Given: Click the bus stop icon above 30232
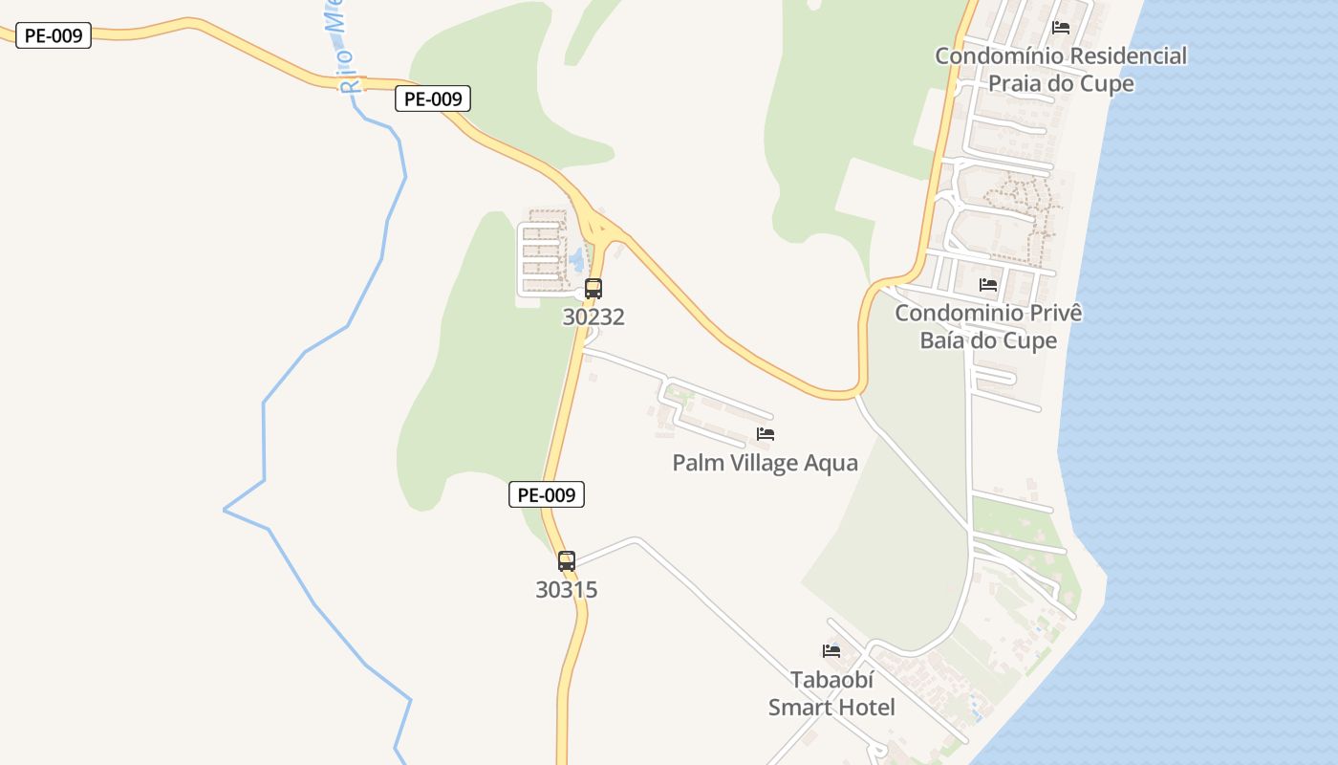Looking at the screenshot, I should pos(593,288).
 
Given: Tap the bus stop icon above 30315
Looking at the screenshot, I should pos(567,561).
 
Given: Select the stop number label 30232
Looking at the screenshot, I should pos(593,317).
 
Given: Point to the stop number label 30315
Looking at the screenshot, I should pos(567,590).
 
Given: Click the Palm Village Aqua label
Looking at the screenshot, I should pos(765,463).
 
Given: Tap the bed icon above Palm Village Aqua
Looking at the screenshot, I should pos(766,434).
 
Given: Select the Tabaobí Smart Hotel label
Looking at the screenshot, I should pos(831,693).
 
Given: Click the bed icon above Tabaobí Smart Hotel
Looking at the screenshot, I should pos(831,651).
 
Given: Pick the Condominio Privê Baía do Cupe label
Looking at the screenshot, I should pos(988,327).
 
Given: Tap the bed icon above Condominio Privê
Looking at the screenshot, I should pos(988,285).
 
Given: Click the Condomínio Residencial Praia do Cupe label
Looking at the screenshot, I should pos(1061,70).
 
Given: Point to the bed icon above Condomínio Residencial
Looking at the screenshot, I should pos(1060,28).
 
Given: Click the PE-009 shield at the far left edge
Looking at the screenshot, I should pos(54,36).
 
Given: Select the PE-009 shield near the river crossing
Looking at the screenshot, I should pos(433,98).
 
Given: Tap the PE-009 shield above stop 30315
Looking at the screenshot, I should pos(546,494).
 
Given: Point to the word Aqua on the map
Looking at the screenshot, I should pos(831,463).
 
